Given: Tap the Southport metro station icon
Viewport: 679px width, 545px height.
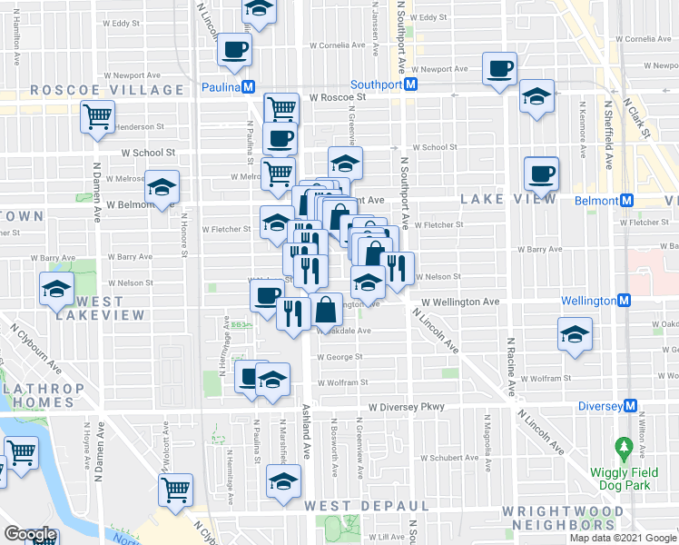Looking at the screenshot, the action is tap(410, 84).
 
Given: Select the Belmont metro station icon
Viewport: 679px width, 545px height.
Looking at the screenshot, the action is tap(625, 200).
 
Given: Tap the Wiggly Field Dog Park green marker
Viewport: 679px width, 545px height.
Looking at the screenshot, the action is tap(624, 447).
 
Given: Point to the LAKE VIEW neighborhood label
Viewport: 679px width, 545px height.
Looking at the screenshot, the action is tap(507, 198).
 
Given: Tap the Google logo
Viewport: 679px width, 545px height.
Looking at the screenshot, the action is tap(29, 534).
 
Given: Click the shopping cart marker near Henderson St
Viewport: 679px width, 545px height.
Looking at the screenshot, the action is tap(98, 115).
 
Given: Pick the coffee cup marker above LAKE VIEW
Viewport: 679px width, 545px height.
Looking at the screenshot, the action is tap(541, 171).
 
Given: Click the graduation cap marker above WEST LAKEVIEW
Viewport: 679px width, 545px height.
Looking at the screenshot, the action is tap(56, 288).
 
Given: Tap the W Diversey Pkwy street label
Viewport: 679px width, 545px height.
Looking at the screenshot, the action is tap(406, 407).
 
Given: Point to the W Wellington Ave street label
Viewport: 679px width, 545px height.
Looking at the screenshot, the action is tap(460, 302).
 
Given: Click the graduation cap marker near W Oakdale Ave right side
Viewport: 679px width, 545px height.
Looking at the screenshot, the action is tap(575, 333).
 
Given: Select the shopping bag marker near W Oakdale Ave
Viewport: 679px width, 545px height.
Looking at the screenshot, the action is tap(325, 310).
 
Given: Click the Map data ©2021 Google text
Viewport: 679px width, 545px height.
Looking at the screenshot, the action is tap(623, 538).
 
